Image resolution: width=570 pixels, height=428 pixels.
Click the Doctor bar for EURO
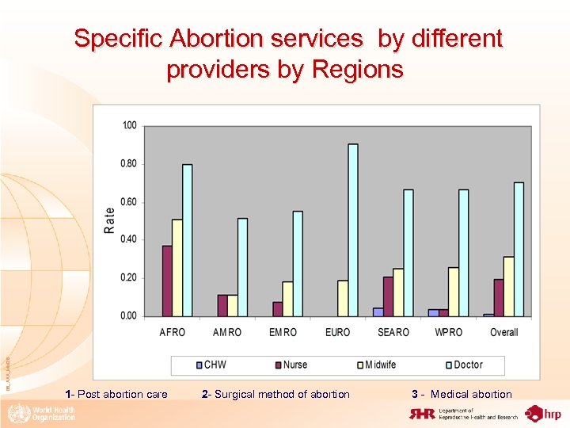tap(353, 230)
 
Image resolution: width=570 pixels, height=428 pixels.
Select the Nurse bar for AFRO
tap(167, 281)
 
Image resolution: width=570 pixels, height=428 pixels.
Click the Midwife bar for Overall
tap(509, 286)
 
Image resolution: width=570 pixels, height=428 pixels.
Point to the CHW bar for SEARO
tap(378, 311)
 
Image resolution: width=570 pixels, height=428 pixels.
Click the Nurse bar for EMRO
tap(277, 308)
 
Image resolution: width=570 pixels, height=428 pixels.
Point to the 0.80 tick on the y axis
tap(128, 164)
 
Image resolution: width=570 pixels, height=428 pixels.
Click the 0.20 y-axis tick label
tap(128, 277)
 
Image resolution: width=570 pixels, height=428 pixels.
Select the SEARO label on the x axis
tap(393, 332)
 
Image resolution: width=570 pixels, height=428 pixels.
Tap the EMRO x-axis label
tap(283, 332)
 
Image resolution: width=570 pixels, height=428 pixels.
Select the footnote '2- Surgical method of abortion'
tap(275, 394)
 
